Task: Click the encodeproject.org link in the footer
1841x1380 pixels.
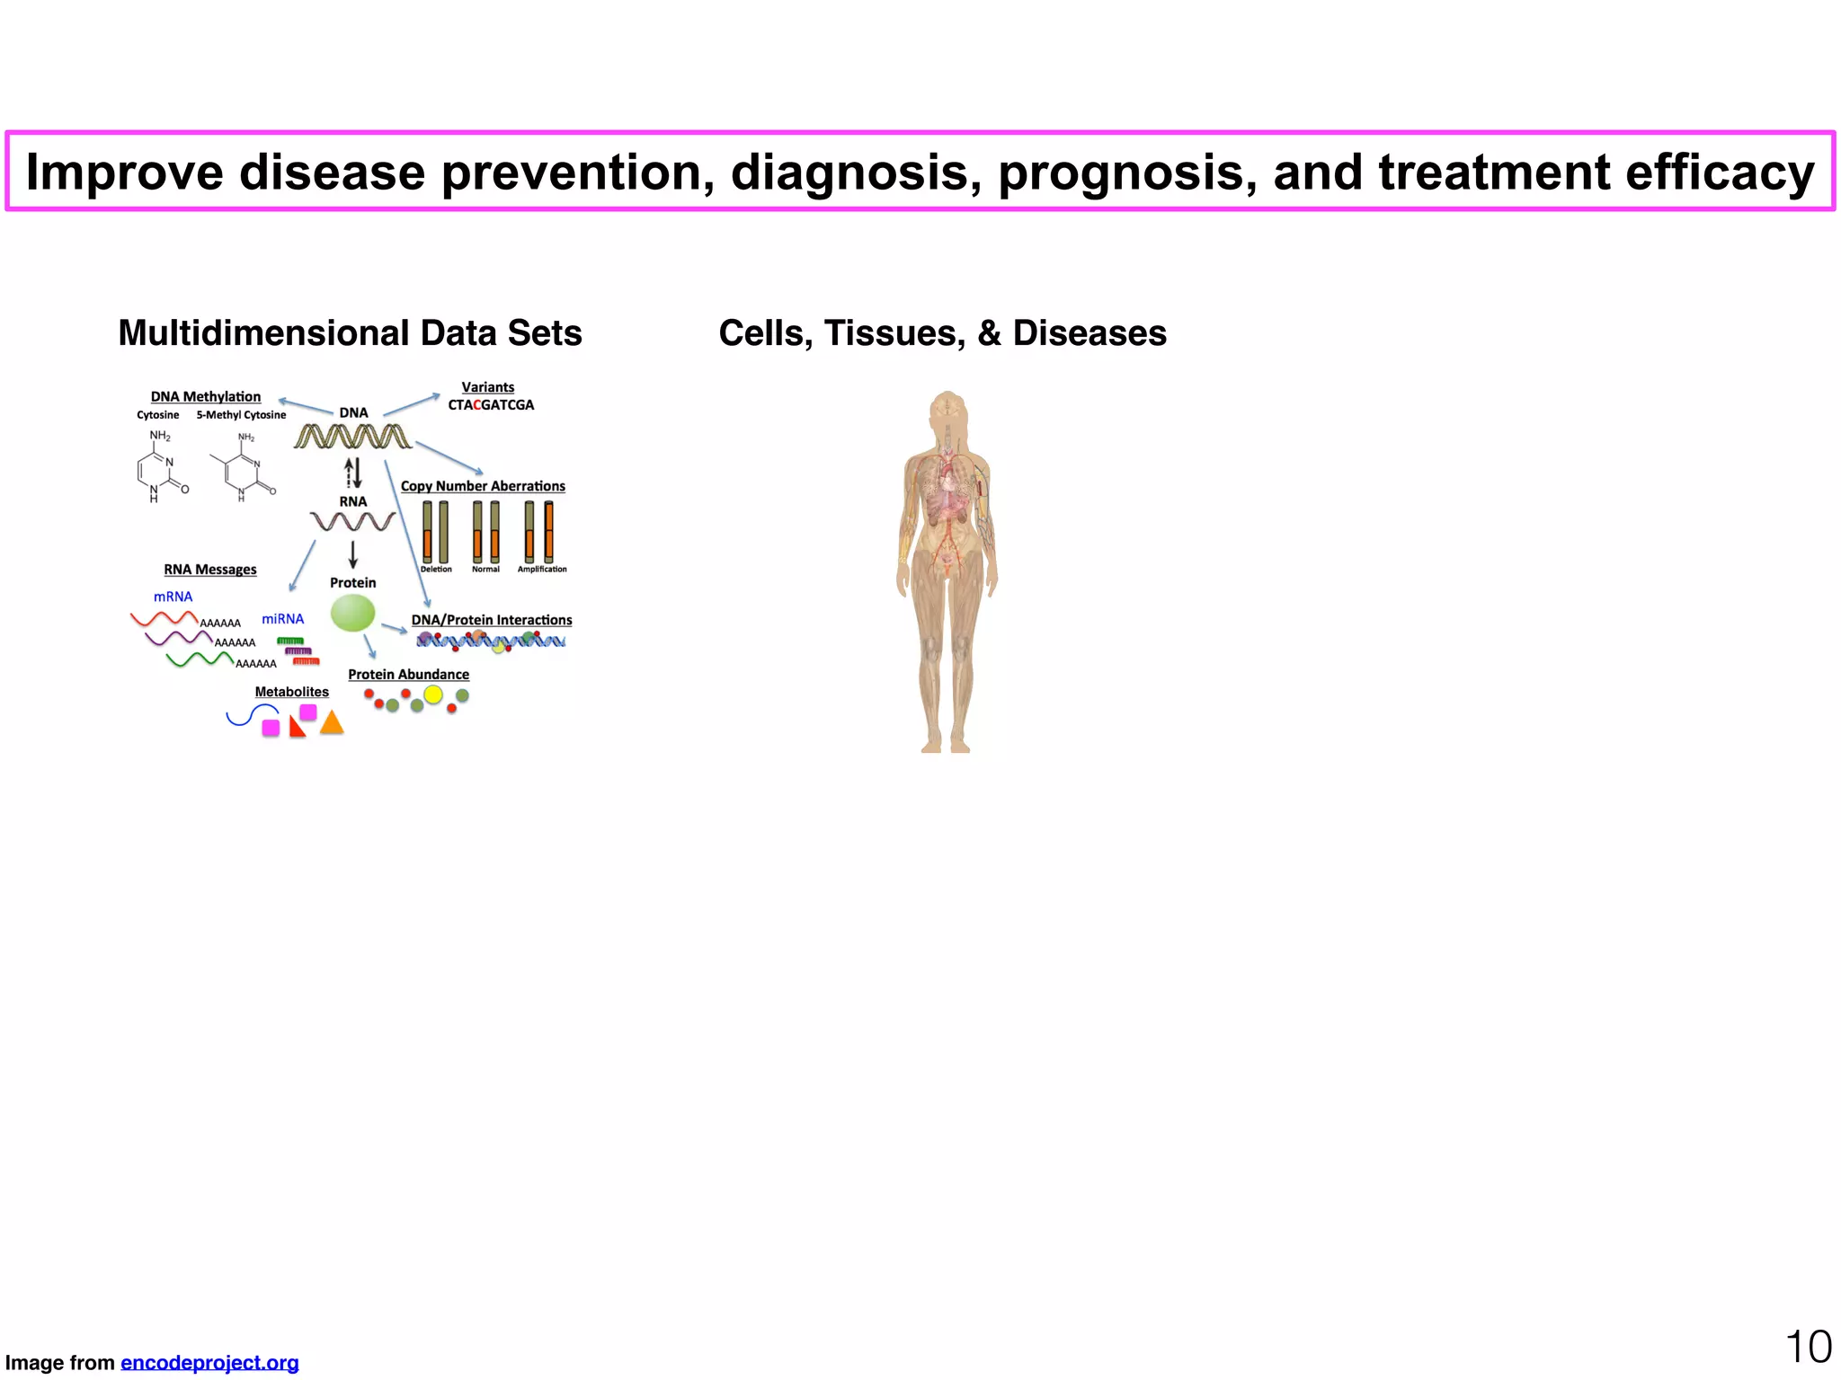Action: coord(209,1363)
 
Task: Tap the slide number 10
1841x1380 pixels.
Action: coord(1808,1348)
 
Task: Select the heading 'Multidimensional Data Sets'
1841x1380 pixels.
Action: coord(350,333)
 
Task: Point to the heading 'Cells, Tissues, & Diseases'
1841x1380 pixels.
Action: coord(942,333)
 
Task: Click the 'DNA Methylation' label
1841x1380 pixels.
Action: coord(206,396)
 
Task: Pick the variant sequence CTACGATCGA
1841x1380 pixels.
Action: coord(491,405)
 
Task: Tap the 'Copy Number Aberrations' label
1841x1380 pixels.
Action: coord(483,486)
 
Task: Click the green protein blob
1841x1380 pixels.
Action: coord(352,614)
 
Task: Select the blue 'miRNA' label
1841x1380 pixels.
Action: coord(282,619)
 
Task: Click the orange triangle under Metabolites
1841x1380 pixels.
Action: coord(333,723)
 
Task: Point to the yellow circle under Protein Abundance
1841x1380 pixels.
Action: coord(433,694)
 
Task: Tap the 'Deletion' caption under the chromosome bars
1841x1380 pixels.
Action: coord(436,570)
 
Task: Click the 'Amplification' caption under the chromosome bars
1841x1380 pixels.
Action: coord(542,570)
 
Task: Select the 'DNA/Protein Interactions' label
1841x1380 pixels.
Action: coord(492,620)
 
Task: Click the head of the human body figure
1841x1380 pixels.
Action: coord(947,409)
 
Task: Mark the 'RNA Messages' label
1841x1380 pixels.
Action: coord(210,570)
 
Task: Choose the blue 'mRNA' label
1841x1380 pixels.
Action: coord(173,597)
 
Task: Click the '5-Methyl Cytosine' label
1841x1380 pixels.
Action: coord(241,415)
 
